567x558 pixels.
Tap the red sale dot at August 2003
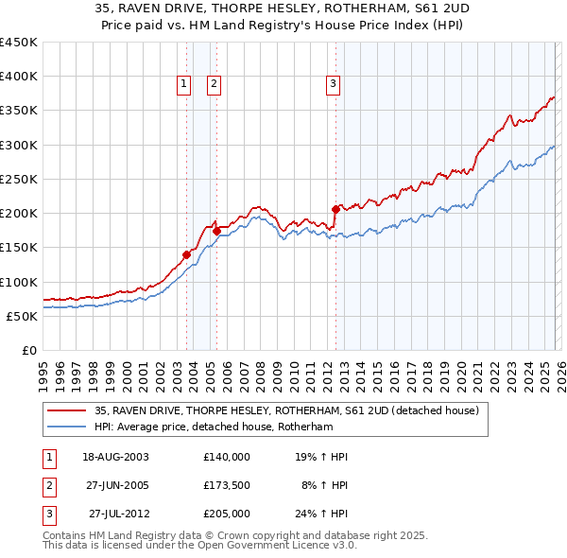coord(186,253)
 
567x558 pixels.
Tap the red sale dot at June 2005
coord(217,230)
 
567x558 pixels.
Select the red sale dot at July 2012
coord(335,209)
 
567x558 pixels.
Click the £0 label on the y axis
coord(28,350)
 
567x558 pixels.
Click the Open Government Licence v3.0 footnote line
coord(199,547)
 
